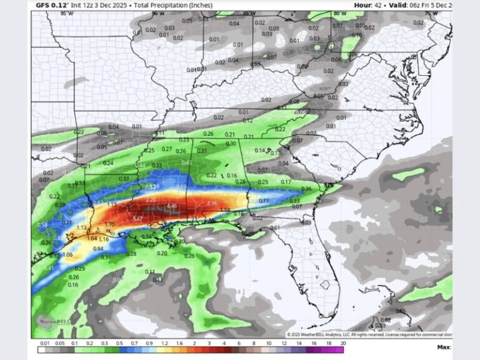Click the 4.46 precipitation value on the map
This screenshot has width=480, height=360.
click(172, 206)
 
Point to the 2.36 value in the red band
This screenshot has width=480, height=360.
click(211, 203)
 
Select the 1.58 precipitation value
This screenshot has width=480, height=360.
click(225, 210)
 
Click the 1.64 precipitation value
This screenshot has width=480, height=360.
click(92, 238)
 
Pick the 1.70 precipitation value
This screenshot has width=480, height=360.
click(109, 224)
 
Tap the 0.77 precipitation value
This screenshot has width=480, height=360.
click(264, 201)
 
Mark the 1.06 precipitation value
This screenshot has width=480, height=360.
click(67, 255)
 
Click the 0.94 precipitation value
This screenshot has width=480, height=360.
click(98, 249)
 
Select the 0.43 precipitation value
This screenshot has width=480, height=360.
click(186, 163)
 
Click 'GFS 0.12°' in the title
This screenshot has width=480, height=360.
click(51, 5)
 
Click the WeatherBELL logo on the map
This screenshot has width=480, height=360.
click(52, 320)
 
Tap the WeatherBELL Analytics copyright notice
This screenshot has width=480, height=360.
click(369, 334)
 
